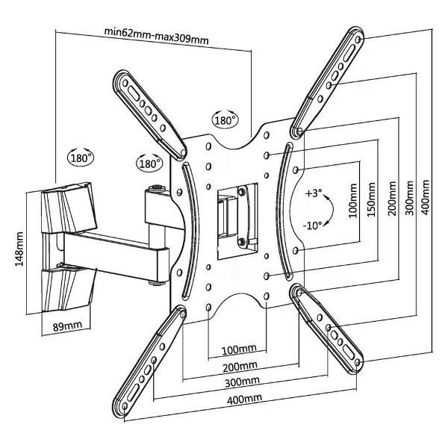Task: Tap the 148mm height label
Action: point(21,249)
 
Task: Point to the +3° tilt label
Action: point(314,193)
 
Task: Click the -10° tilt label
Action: point(314,224)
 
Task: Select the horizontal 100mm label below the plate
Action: point(238,349)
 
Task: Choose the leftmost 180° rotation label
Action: point(81,158)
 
